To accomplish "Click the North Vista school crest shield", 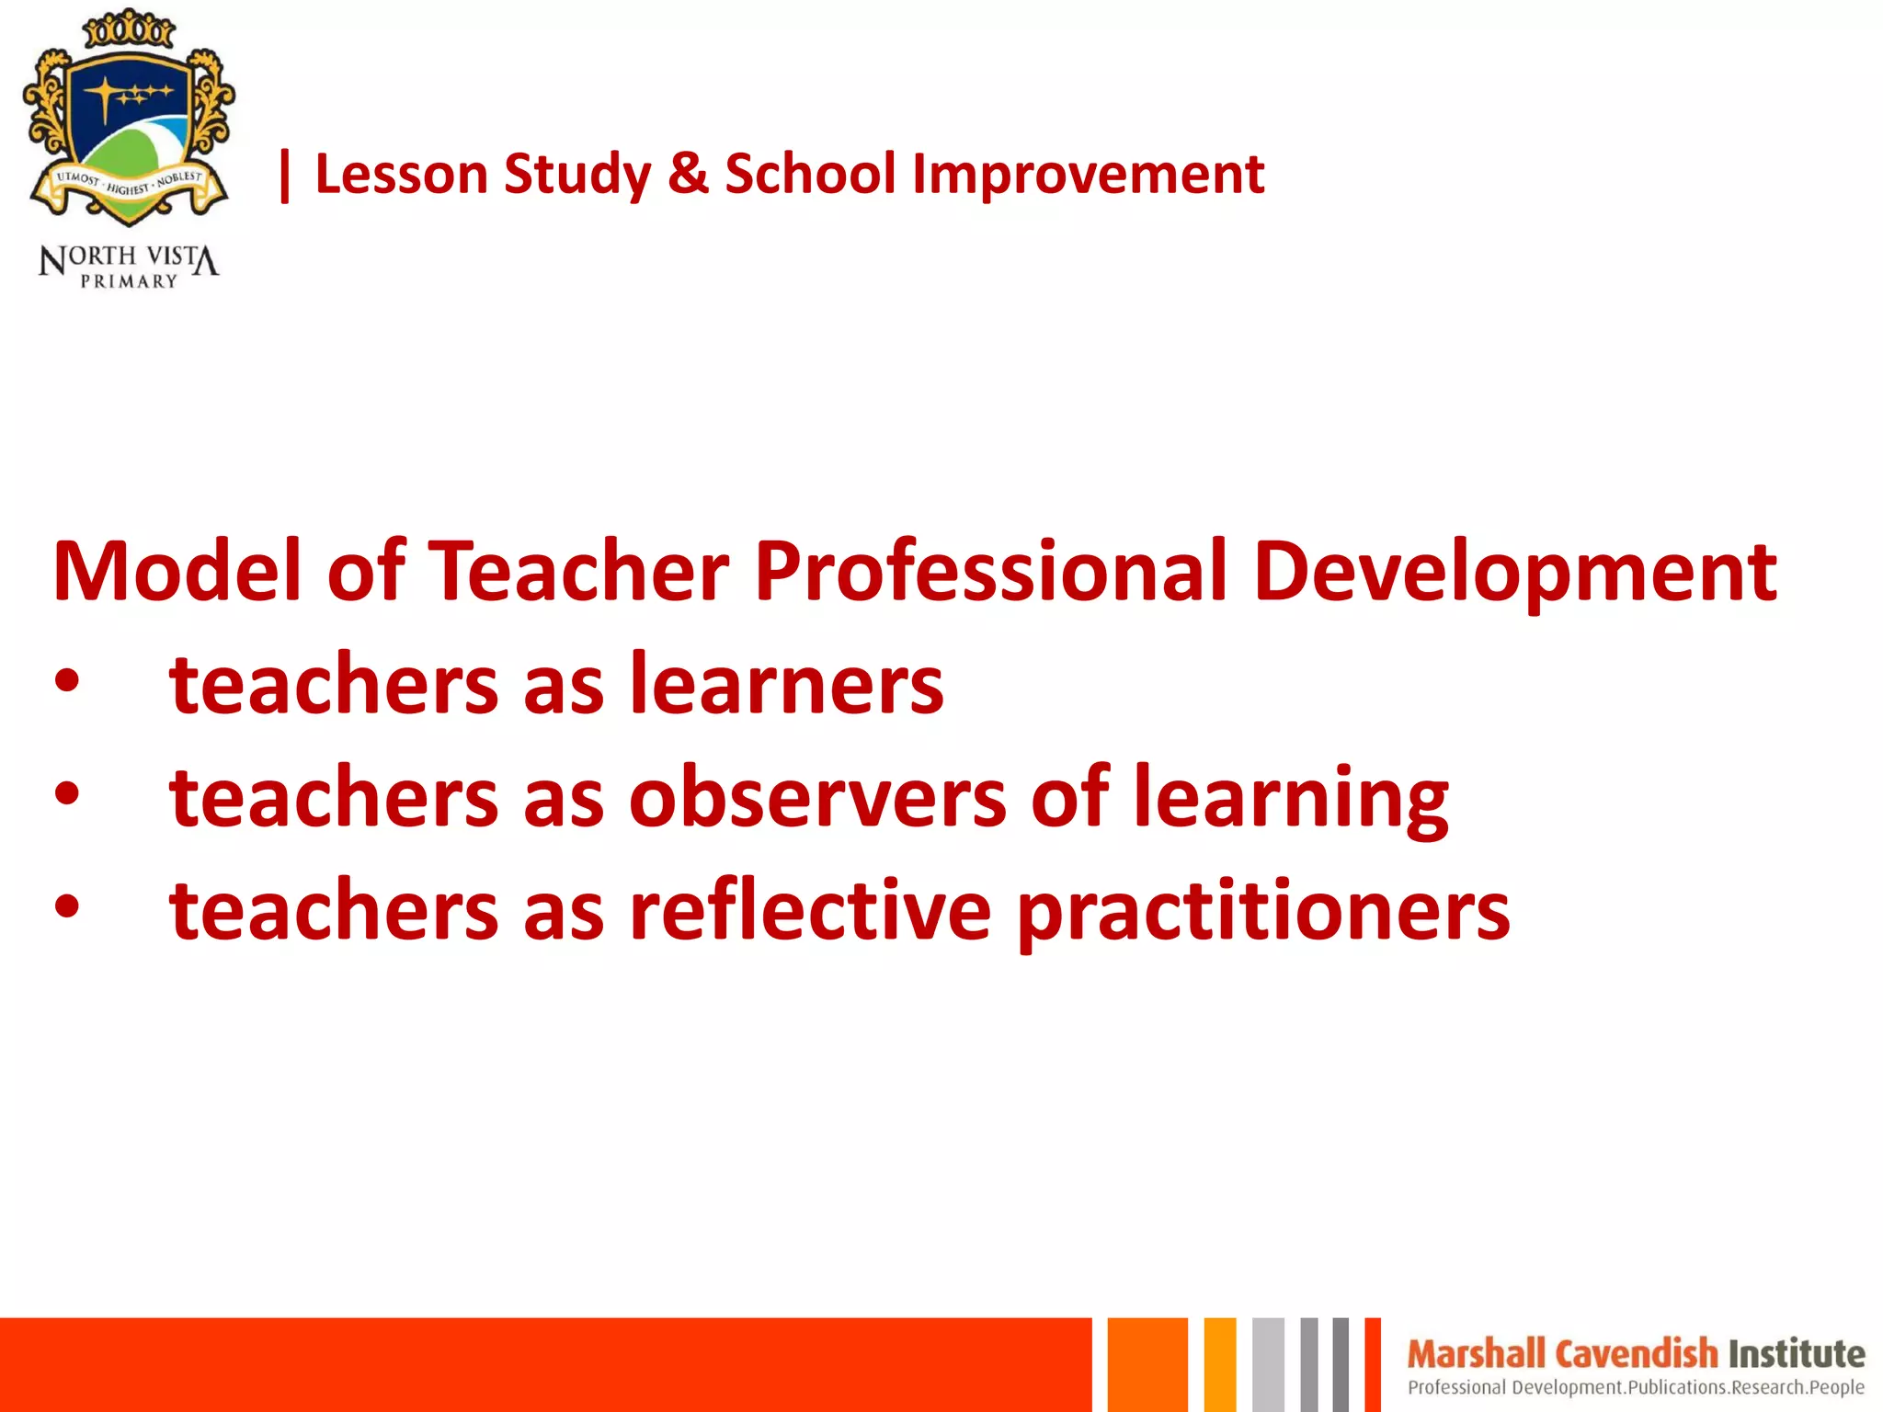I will click(x=128, y=129).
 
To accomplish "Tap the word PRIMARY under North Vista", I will click(x=129, y=281).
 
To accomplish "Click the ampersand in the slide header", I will click(x=689, y=174).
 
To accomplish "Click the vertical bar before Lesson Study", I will click(x=285, y=176).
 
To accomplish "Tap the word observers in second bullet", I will click(x=818, y=797).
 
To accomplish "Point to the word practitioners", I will click(x=1263, y=913).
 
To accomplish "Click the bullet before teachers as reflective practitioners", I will click(x=67, y=907).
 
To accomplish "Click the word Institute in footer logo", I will click(x=1797, y=1354).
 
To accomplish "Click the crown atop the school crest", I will click(x=129, y=29).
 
